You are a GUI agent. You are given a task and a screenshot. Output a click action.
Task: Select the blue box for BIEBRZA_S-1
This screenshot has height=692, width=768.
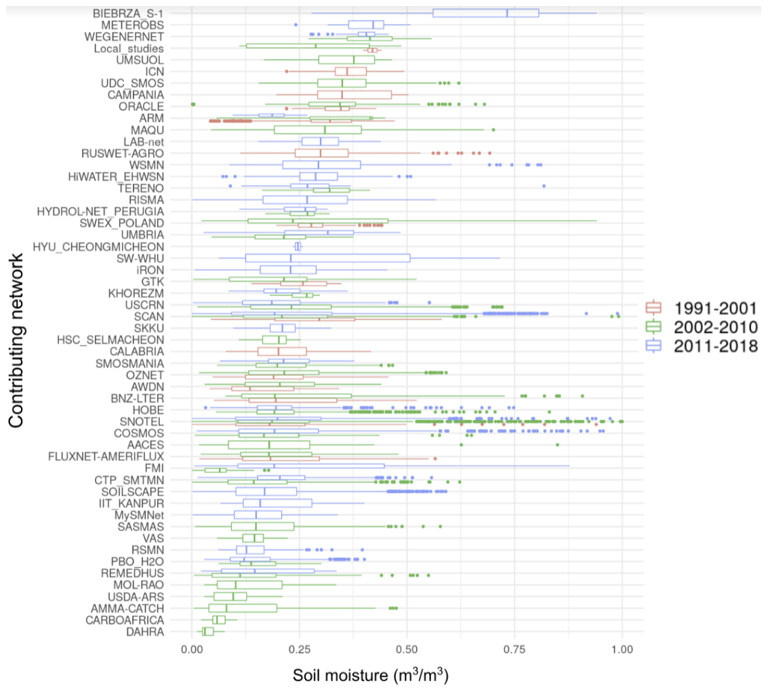[x=485, y=13]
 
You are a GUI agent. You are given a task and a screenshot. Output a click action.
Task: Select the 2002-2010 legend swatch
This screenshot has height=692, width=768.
[x=654, y=327]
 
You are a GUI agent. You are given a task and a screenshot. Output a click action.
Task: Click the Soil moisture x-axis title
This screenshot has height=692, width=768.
[x=371, y=676]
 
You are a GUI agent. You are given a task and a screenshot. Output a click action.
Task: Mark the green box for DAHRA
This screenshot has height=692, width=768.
[x=208, y=632]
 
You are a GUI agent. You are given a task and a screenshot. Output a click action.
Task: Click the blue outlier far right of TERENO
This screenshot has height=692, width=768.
[x=544, y=186]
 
